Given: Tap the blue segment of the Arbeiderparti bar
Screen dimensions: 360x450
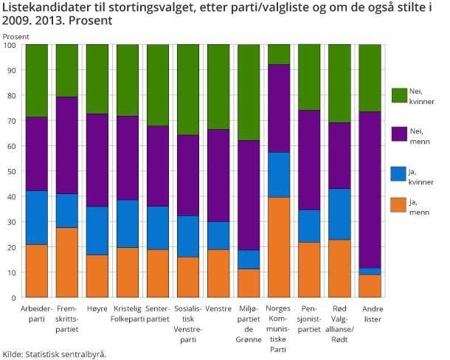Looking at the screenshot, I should pos(37,218).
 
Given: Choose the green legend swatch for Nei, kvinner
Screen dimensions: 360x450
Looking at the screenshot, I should pos(398,94).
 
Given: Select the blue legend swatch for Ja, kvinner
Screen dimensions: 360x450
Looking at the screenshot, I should pos(398,174).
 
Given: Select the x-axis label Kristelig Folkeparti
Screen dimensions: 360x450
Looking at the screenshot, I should pos(128,313).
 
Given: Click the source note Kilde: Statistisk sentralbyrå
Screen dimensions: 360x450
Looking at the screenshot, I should pos(55,353).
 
